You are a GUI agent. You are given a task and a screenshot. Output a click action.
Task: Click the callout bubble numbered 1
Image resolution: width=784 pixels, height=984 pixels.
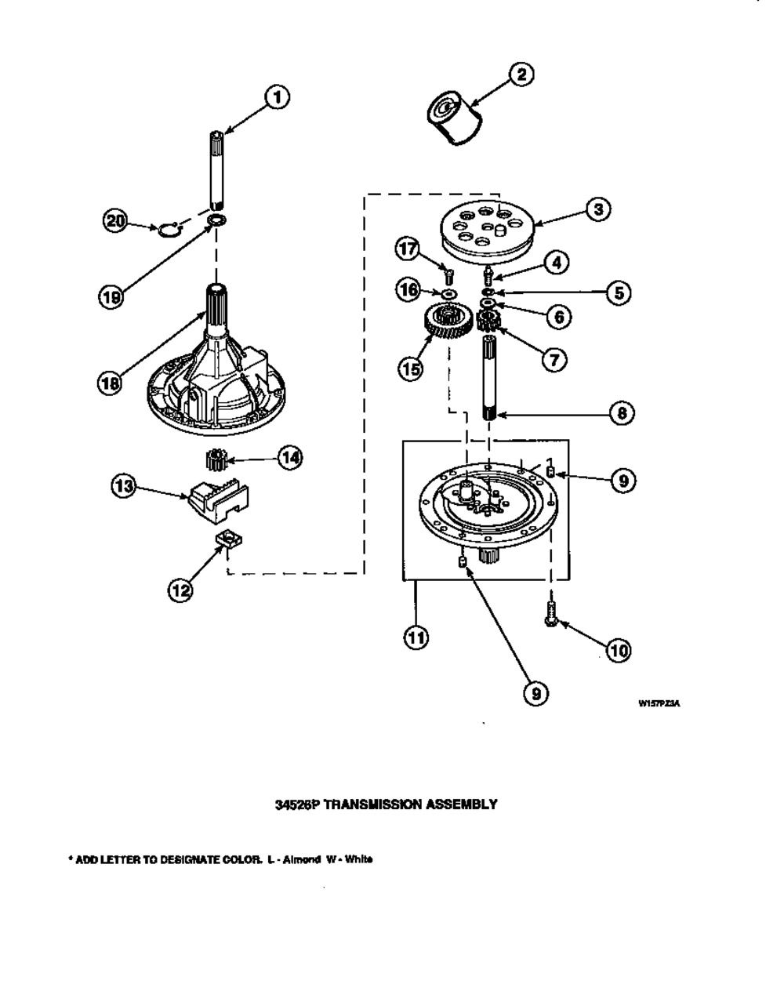(276, 98)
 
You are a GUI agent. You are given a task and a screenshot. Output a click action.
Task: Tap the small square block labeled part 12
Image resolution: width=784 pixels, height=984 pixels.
(227, 538)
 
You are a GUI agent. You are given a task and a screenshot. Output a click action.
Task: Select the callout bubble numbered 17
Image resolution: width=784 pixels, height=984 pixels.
(407, 250)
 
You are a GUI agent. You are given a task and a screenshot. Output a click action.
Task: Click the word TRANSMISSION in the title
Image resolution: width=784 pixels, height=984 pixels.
(369, 804)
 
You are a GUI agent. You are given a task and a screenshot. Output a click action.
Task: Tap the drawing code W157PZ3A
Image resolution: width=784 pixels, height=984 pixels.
(659, 704)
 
